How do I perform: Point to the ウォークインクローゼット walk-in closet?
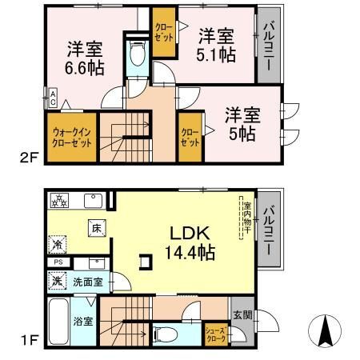point(73,137)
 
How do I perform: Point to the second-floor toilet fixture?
point(136,54)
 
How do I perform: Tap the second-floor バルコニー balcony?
point(268,48)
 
